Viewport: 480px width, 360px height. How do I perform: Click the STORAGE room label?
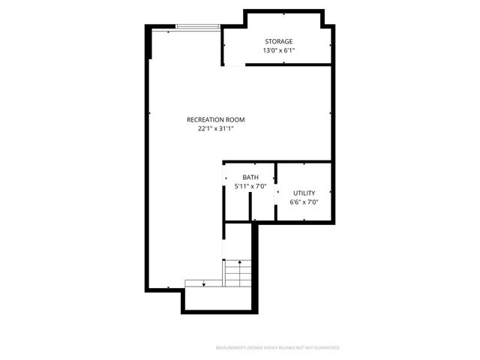(278, 41)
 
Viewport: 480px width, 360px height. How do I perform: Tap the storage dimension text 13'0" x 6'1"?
(278, 51)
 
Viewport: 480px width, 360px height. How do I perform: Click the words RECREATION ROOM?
(216, 119)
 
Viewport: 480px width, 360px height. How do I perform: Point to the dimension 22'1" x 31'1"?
(216, 129)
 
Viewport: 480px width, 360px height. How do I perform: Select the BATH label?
(250, 178)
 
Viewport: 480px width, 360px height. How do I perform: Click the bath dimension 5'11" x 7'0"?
(250, 187)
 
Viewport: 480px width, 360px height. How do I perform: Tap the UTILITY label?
(304, 193)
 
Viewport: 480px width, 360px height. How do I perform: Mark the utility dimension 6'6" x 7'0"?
(304, 202)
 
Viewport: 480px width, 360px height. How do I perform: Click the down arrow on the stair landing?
(203, 283)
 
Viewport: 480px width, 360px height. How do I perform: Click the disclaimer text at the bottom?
(277, 348)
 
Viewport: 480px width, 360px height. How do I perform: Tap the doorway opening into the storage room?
(234, 65)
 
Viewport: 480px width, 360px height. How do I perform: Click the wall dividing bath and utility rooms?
(276, 191)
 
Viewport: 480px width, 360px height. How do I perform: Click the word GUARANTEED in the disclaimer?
(325, 348)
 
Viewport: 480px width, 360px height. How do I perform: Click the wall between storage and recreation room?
(289, 64)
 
